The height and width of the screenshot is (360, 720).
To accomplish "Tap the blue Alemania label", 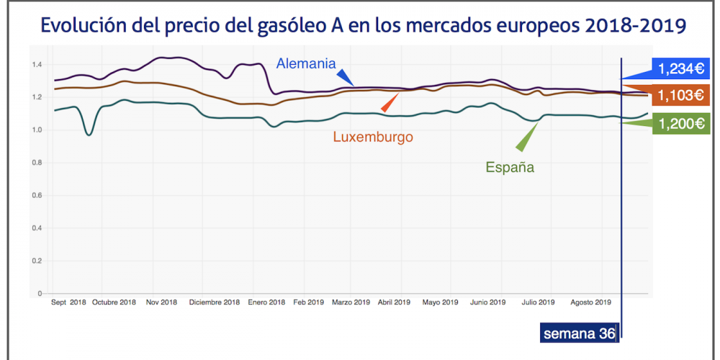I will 306,63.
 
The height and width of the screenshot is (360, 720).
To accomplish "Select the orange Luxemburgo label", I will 372,136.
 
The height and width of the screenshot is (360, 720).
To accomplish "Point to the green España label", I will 510,168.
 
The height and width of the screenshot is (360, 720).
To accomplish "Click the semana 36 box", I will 578,333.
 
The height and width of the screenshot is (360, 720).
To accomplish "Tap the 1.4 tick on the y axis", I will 37,65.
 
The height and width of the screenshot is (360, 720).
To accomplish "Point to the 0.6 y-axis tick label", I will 37,196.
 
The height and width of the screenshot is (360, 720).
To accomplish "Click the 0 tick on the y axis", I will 40,294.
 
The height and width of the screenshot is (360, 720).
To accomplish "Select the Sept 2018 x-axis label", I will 68,302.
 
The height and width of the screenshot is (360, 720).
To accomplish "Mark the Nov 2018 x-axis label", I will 161,302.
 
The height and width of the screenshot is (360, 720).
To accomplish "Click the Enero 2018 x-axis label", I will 266,302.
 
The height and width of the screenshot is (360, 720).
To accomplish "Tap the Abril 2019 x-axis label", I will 395,302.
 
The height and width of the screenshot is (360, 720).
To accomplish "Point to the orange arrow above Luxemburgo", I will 390,103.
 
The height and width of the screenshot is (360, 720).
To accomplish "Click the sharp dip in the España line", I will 89,134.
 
